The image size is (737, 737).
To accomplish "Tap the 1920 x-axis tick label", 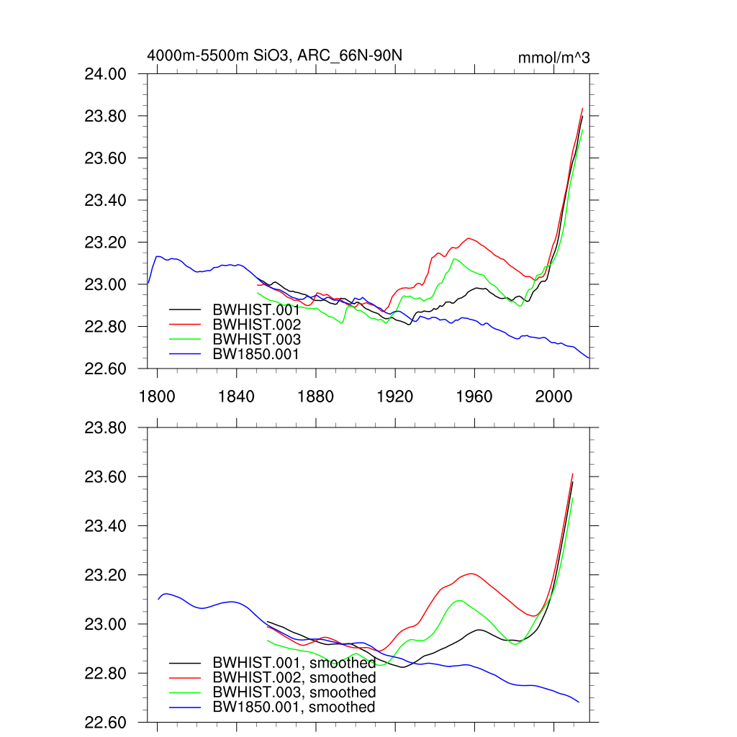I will coord(396,397).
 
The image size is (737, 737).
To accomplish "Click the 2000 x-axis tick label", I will coord(554,397).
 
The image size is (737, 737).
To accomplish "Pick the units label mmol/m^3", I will coord(553,58).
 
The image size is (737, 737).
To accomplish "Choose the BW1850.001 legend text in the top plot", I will coord(256,354).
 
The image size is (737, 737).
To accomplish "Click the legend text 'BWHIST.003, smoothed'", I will coord(294,692).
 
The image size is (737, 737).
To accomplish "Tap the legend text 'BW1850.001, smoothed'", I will coord(294,707).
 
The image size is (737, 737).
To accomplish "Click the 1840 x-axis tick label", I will coord(237,397).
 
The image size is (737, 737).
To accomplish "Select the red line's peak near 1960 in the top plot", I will coord(469,238).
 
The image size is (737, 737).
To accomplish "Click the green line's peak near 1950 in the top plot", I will coord(454,258).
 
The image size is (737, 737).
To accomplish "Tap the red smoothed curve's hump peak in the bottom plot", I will coord(472,574).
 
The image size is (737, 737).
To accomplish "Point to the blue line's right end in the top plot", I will coord(589,358).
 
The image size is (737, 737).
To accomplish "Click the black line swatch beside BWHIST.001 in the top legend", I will coord(185,309).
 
